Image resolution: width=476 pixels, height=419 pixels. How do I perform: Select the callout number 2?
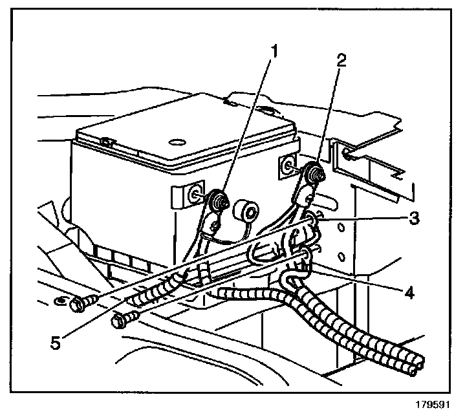point(342,62)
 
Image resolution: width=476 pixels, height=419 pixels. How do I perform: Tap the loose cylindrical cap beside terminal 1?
point(247,211)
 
